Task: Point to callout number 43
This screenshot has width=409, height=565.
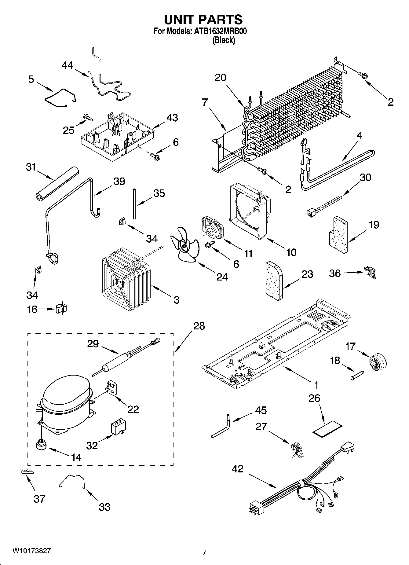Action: click(172, 118)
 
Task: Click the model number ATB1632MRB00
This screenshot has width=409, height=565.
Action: click(221, 31)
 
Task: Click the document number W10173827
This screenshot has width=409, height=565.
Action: click(31, 551)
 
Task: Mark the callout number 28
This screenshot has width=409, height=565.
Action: click(199, 326)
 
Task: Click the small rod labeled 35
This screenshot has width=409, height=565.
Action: click(134, 204)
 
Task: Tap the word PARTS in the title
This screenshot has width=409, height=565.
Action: click(220, 20)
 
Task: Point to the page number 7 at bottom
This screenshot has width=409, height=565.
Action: click(204, 552)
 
